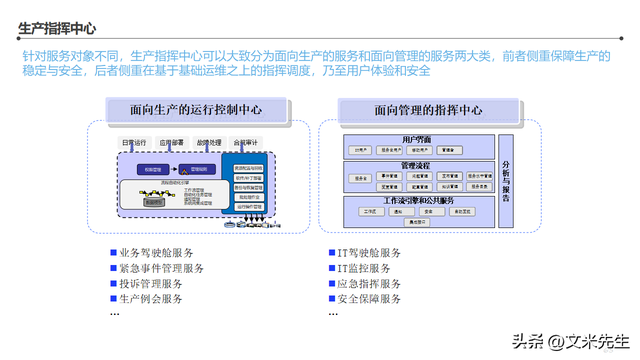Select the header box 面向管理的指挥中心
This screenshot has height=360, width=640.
pyautogui.click(x=428, y=111)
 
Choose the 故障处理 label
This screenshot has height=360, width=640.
pyautogui.click(x=210, y=143)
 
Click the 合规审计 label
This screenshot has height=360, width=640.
pyautogui.click(x=247, y=143)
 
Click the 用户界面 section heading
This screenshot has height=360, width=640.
pyautogui.click(x=417, y=139)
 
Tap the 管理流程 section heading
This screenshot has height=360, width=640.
pyautogui.click(x=417, y=165)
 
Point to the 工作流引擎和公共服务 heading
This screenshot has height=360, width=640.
pyautogui.click(x=417, y=201)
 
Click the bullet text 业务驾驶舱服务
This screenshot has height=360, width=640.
pyautogui.click(x=157, y=254)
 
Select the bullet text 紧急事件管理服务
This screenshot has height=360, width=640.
pyautogui.click(x=162, y=269)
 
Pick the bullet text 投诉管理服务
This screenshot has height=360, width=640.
pyautogui.click(x=151, y=284)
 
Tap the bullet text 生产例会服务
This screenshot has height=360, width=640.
pyautogui.click(x=151, y=299)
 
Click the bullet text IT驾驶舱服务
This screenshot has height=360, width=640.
pyautogui.click(x=369, y=254)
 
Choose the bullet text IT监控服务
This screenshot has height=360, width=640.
pyautogui.click(x=364, y=269)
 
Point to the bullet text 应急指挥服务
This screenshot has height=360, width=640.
pyautogui.click(x=369, y=284)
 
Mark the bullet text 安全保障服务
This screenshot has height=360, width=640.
pyautogui.click(x=369, y=299)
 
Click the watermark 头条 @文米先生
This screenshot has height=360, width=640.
pyautogui.click(x=571, y=341)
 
